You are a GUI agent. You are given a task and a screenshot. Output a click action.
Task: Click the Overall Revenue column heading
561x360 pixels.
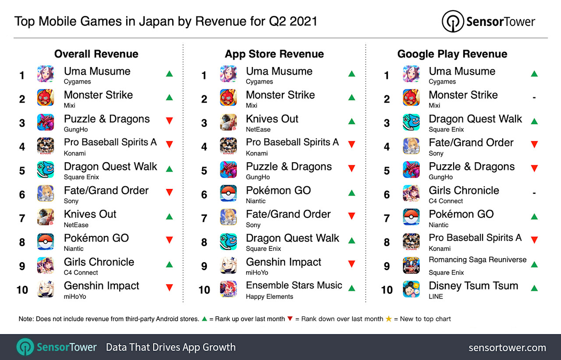click(x=96, y=54)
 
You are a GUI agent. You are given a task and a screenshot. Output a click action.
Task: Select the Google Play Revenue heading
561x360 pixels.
click(x=452, y=54)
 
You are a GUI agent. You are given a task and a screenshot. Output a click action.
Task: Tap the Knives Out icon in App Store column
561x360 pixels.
click(x=228, y=123)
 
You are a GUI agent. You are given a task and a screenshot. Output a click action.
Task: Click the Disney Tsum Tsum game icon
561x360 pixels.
click(x=411, y=289)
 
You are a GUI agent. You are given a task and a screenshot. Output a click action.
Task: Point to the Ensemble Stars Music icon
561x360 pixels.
click(x=228, y=289)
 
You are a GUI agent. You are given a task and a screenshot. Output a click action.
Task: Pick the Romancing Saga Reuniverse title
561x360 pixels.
click(x=477, y=260)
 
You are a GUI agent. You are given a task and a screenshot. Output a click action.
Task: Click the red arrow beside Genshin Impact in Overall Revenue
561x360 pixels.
click(x=169, y=288)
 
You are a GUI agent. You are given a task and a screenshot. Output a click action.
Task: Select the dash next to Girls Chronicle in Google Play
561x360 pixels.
click(x=534, y=192)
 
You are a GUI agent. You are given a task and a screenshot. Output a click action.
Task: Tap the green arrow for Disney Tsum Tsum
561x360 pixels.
click(x=534, y=288)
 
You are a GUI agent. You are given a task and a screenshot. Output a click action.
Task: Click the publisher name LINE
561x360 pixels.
click(x=436, y=296)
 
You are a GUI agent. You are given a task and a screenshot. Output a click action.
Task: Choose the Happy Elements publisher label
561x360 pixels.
click(x=270, y=296)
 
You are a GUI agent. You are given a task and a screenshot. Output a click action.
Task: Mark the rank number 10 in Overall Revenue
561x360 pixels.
click(x=22, y=289)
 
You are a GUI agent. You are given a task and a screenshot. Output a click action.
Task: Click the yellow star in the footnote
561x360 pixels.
click(x=388, y=319)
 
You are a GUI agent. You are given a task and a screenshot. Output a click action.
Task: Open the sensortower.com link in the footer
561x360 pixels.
click(x=507, y=348)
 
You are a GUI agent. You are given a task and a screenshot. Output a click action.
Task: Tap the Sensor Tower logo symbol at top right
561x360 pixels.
click(x=452, y=21)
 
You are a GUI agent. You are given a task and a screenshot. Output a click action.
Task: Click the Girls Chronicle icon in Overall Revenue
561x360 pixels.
click(x=46, y=266)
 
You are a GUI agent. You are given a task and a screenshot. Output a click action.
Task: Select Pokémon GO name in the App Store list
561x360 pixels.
click(x=278, y=190)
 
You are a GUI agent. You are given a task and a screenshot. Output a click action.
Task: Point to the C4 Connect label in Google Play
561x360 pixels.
click(x=446, y=201)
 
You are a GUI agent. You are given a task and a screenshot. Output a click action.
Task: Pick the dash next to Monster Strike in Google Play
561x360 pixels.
click(x=534, y=97)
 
